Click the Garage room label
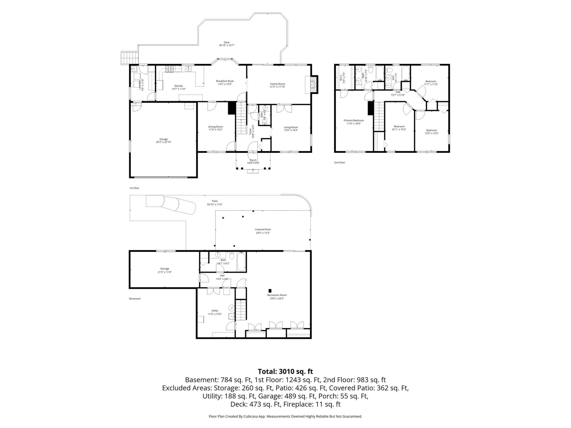coord(163,139)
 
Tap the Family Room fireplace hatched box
coord(314,84)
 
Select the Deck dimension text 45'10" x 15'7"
coord(227,45)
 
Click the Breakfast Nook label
coord(225,81)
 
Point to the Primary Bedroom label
coord(354,120)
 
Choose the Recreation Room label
coord(277,295)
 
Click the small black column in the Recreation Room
coord(270,291)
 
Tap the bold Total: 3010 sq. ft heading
coord(285,372)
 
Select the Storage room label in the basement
coord(165,269)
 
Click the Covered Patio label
coord(263,229)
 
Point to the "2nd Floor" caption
coord(339,163)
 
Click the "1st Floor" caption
coord(134,188)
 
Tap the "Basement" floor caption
coord(135,299)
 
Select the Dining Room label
coord(215,127)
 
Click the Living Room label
coord(291,127)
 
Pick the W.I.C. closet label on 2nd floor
coord(340,77)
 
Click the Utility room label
coord(215,311)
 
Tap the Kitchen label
coord(179,86)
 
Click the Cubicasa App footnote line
coord(285,416)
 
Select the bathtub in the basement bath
coord(241,262)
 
